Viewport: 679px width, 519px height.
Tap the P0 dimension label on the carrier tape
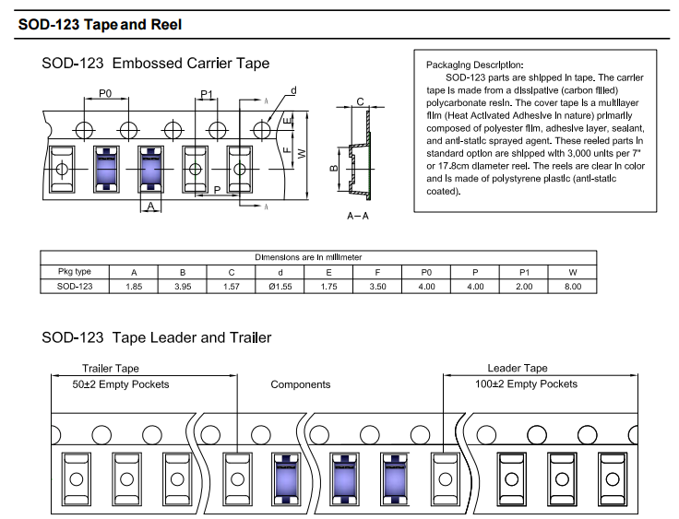(104, 94)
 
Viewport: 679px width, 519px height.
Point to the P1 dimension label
(207, 95)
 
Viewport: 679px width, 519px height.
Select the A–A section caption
(357, 215)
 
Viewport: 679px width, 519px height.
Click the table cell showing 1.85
(134, 287)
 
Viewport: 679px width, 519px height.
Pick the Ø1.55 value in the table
(280, 287)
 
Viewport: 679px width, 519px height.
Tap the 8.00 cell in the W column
(573, 287)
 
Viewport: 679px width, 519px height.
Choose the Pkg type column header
(75, 272)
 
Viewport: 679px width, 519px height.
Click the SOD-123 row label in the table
(75, 287)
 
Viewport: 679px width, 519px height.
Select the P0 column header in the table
(426, 272)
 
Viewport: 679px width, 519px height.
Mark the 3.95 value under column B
(183, 287)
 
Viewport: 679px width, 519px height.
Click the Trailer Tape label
(111, 369)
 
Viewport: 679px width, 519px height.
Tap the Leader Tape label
(518, 369)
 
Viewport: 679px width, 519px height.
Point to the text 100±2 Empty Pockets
(526, 383)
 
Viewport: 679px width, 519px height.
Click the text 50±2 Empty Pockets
(122, 383)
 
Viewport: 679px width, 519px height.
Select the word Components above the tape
(301, 384)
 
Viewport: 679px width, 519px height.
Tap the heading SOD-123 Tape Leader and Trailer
(157, 337)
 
